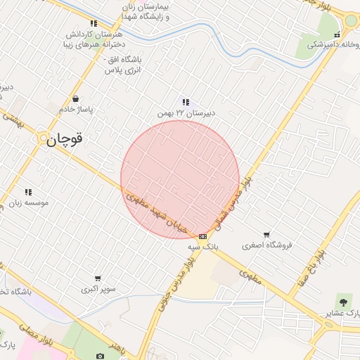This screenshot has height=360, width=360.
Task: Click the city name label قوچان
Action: click(x=65, y=140)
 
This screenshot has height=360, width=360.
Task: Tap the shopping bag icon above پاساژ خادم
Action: click(x=75, y=99)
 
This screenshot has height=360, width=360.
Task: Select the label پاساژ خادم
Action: click(x=75, y=110)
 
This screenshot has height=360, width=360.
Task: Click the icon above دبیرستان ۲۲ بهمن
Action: click(x=186, y=102)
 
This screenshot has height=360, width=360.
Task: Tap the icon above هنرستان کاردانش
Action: click(x=94, y=23)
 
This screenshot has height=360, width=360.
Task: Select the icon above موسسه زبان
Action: click(x=29, y=192)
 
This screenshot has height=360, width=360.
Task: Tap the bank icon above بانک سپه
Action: click(x=203, y=236)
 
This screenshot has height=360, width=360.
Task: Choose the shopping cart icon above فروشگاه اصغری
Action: click(x=266, y=235)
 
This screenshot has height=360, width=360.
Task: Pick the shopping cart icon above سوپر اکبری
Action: click(x=98, y=278)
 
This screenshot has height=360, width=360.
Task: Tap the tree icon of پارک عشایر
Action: click(x=344, y=300)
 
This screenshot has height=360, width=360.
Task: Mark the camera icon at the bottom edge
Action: click(x=100, y=356)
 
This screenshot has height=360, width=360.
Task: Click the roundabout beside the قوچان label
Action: click(x=44, y=137)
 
